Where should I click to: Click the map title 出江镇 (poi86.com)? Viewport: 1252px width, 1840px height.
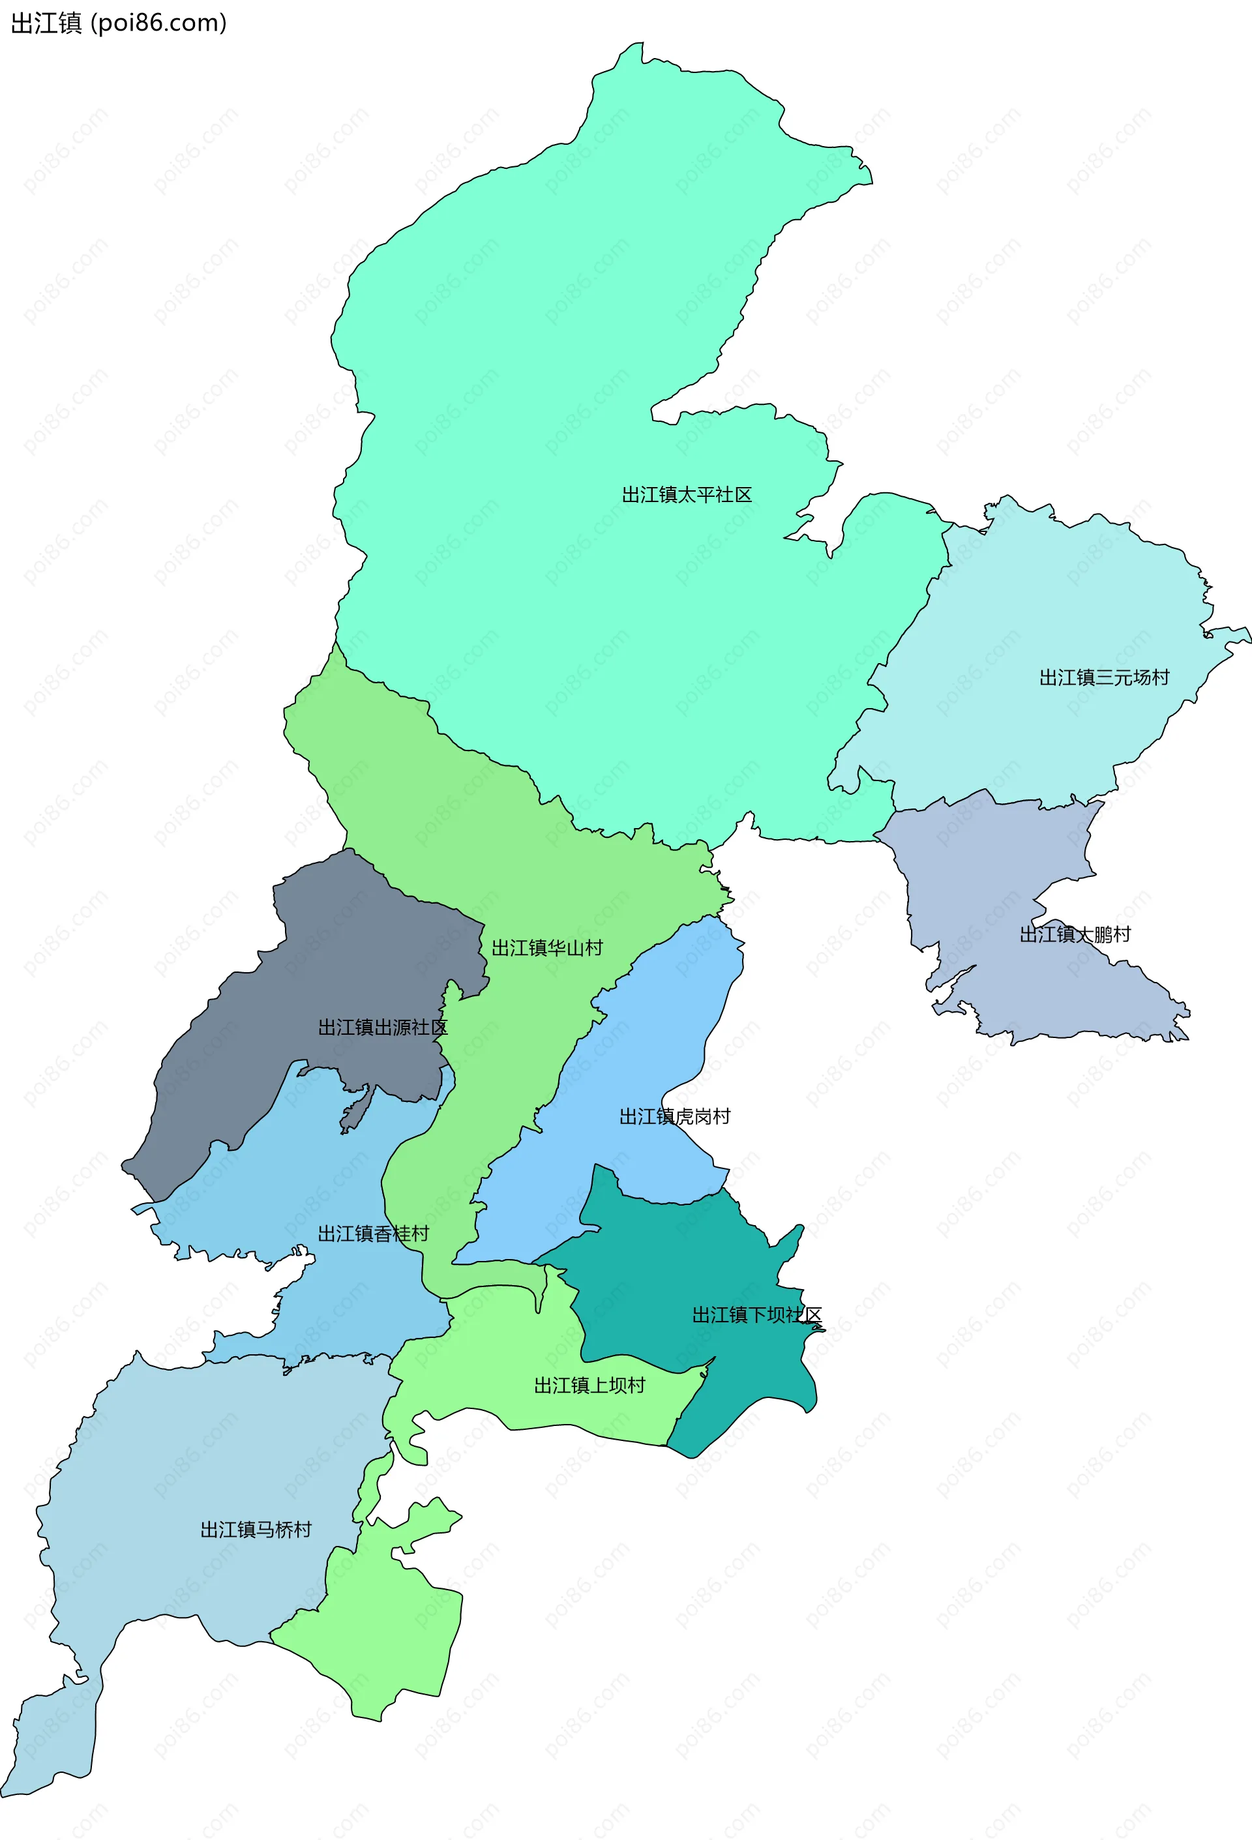click(119, 23)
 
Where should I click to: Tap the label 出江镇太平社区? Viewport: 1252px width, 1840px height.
click(687, 495)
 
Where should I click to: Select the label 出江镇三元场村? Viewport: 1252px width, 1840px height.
click(1104, 677)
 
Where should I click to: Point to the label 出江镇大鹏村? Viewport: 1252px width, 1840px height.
click(1075, 934)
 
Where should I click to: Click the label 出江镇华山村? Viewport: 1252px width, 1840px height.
click(547, 948)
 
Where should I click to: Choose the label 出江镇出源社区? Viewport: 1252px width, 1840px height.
click(383, 1027)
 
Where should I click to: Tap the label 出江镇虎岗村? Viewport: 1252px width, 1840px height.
click(675, 1116)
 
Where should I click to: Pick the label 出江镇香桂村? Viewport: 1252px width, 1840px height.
click(373, 1234)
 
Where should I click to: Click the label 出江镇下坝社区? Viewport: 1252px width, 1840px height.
click(757, 1315)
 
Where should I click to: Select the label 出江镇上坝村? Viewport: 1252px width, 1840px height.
click(589, 1385)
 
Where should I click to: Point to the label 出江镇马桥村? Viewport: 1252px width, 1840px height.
click(256, 1529)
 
